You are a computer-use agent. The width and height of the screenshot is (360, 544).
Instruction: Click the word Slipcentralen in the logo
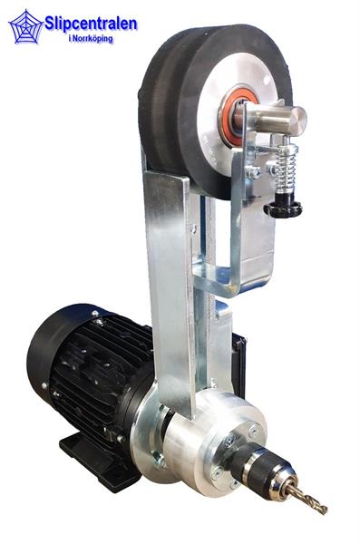tap(91, 24)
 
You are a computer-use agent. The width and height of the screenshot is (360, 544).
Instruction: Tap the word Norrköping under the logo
tap(93, 38)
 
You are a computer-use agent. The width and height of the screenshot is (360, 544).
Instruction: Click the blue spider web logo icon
tap(26, 26)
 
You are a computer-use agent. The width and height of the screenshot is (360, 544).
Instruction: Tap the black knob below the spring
tap(283, 208)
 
